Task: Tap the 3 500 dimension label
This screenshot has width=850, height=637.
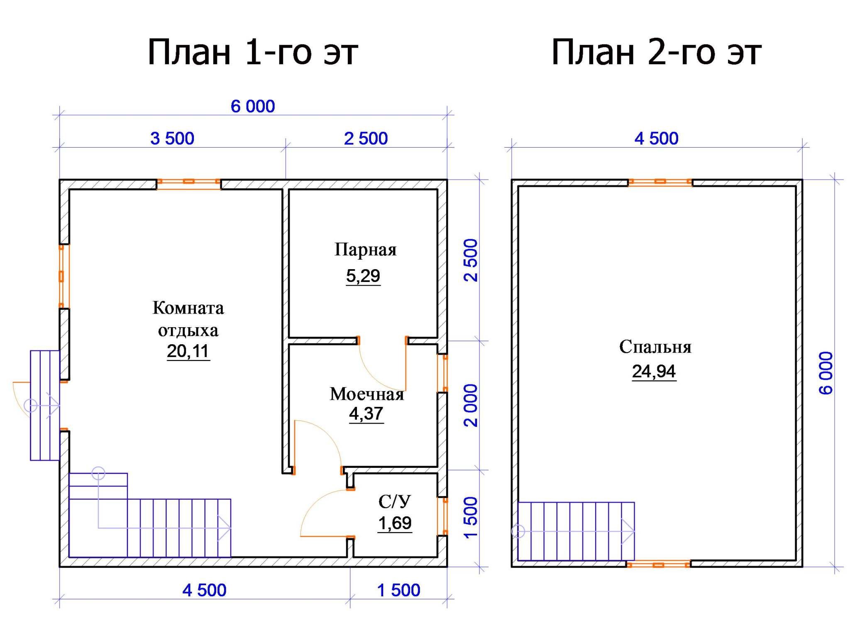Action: click(x=172, y=139)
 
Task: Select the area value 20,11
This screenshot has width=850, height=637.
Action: click(x=188, y=351)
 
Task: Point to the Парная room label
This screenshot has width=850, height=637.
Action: click(x=366, y=250)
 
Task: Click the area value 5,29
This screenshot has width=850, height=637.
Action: click(x=363, y=276)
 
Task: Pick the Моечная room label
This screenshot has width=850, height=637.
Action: click(x=367, y=394)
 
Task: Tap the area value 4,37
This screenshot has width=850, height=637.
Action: click(x=366, y=413)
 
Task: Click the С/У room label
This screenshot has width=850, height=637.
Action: click(x=394, y=502)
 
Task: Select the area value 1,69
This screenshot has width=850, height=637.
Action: click(x=395, y=523)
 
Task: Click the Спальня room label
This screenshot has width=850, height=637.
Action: click(x=655, y=347)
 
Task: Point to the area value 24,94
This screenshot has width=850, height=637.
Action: click(x=654, y=372)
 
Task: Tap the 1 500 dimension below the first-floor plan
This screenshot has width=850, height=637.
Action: click(x=399, y=590)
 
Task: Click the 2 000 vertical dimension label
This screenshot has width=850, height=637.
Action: click(x=471, y=405)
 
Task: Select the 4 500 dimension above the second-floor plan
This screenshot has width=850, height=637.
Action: click(x=657, y=139)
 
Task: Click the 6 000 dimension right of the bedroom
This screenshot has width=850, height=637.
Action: click(x=826, y=373)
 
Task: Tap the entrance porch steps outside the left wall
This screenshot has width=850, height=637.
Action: click(x=45, y=405)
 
